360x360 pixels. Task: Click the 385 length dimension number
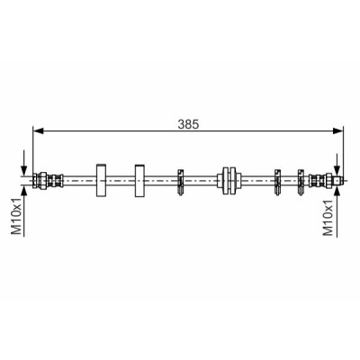pos(188,124)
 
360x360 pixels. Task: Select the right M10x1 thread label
pos(328,217)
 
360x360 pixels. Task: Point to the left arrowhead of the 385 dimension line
pos(39,130)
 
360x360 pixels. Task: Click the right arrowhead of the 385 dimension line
pos(337,130)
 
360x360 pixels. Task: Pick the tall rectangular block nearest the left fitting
pos(101,181)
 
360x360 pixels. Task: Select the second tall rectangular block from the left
pos(139,181)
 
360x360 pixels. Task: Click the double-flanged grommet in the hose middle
pos(229,181)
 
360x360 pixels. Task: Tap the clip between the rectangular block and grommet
pos(180,182)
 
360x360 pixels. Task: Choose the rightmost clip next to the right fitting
pos(301,182)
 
